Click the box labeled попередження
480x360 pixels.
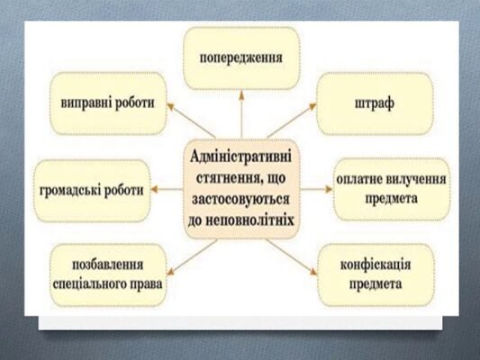coord(240,58)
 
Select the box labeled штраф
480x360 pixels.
coord(374,103)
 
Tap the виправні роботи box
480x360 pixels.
coord(105,103)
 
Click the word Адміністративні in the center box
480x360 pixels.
coord(243,154)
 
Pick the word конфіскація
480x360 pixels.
coord(376,266)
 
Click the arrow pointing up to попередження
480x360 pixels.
coord(240,113)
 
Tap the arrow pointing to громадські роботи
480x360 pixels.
coord(167,189)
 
